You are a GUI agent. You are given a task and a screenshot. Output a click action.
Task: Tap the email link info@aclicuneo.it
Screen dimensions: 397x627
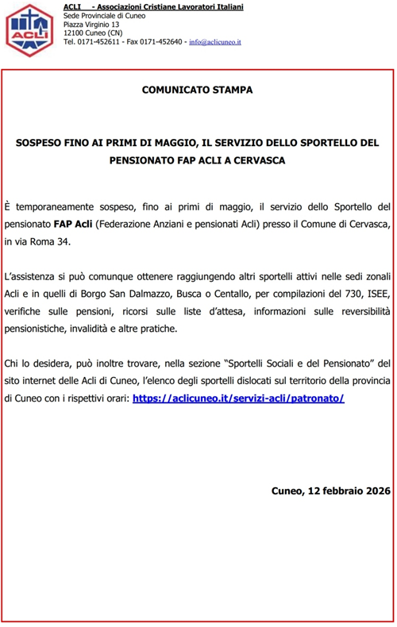point(214,41)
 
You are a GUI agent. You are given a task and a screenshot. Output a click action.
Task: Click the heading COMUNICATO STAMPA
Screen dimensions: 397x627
point(198,90)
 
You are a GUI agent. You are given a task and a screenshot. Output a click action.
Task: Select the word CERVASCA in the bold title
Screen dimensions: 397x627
point(263,159)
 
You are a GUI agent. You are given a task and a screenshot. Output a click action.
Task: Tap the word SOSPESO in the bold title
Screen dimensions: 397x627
point(44,144)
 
